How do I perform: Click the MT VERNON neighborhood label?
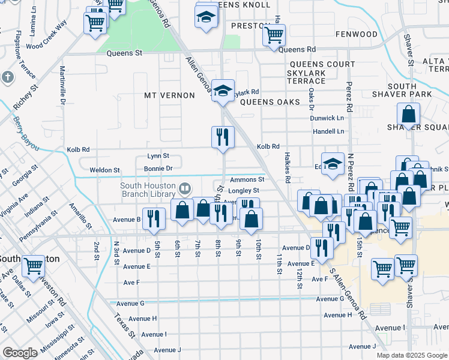(170, 95)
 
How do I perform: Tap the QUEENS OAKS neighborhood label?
(270, 102)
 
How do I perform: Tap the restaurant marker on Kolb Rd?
(221, 137)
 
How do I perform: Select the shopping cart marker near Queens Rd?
(274, 34)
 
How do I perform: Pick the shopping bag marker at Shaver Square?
(408, 113)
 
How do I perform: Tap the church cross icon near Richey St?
(7, 77)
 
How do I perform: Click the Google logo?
(20, 353)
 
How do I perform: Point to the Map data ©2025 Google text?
(412, 355)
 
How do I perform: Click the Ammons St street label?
(247, 179)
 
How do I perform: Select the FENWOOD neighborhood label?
(357, 35)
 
